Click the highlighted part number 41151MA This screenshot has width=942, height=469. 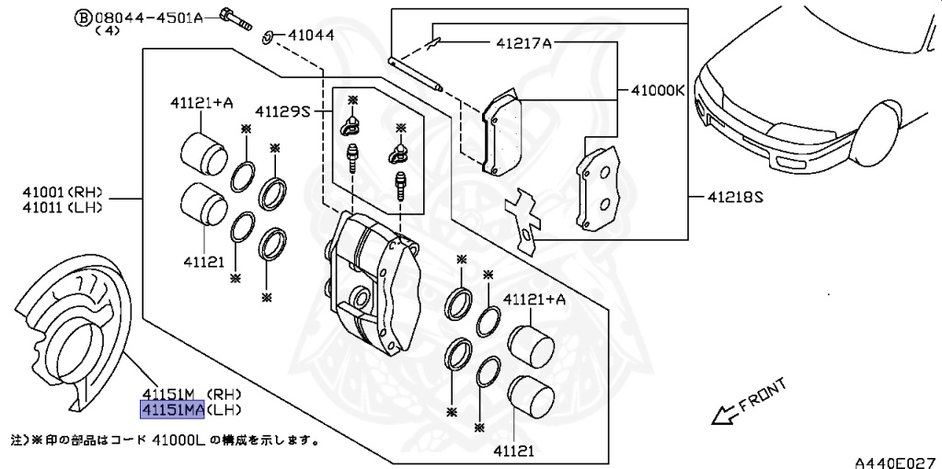[171, 410]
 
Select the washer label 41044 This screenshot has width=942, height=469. [310, 37]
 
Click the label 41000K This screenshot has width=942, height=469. [658, 91]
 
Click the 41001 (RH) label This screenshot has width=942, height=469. [63, 192]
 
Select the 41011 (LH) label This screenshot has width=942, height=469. [63, 207]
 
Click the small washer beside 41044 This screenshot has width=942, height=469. [266, 38]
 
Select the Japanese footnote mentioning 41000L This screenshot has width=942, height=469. [166, 440]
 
